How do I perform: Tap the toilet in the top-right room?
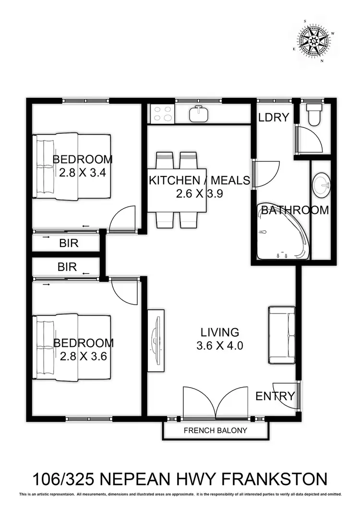314,115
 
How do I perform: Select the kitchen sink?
198,114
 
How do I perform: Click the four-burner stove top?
162,114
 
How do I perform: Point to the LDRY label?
274,117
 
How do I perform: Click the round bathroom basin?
321,183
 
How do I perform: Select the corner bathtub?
281,233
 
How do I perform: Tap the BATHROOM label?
295,210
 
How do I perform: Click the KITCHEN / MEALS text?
199,181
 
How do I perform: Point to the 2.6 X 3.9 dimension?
199,194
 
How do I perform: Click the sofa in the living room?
281,334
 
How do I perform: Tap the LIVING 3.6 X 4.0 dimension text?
219,345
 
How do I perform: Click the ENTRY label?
275,396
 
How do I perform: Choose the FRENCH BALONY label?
216,430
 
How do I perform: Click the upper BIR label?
69,243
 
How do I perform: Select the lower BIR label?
67,267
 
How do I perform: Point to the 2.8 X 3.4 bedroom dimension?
82,173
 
